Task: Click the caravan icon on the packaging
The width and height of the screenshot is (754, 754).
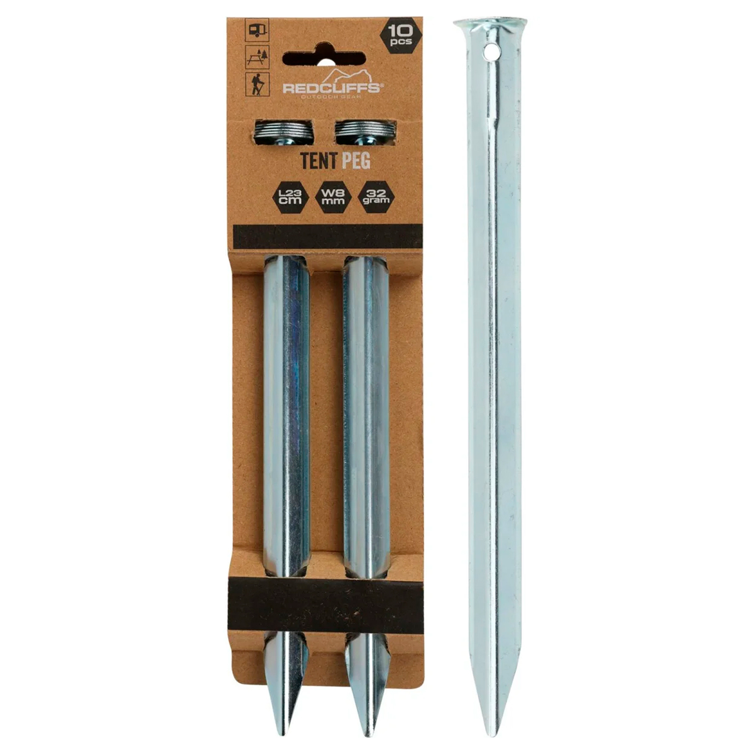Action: [x=257, y=30]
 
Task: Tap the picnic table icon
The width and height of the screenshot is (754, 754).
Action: [x=257, y=57]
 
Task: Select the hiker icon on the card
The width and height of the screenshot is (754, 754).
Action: [x=257, y=84]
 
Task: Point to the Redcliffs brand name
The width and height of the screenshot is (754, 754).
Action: [x=331, y=87]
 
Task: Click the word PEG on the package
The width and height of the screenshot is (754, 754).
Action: [x=356, y=160]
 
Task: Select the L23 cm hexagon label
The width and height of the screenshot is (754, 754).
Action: [x=290, y=197]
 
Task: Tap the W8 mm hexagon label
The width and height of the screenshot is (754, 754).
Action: [x=334, y=197]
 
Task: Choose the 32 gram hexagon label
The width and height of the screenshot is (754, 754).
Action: [x=376, y=197]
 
